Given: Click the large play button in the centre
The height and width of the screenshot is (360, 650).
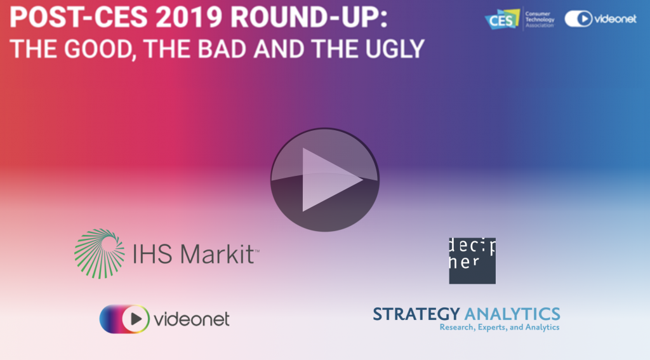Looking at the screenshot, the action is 324,180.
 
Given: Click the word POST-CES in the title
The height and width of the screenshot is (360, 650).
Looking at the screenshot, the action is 78,17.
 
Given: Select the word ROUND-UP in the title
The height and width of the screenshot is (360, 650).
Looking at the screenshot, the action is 309,17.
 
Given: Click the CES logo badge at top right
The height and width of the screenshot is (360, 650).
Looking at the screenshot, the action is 502,19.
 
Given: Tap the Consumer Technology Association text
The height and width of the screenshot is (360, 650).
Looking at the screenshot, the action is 540,20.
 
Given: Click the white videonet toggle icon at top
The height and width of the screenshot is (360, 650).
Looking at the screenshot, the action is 578,18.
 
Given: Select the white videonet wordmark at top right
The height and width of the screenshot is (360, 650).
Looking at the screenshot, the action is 615,18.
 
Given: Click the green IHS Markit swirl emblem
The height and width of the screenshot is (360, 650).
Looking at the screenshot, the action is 100,253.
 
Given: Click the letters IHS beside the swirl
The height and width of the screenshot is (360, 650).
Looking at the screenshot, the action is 152,254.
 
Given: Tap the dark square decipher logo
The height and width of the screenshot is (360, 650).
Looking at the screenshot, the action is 472,261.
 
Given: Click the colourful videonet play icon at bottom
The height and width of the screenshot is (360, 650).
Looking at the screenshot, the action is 124,319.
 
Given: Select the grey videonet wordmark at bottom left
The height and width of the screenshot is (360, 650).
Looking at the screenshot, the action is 192,319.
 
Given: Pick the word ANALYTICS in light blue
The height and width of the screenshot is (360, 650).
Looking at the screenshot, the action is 512,314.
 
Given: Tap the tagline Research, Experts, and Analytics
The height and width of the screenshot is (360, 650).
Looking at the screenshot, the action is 500,327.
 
